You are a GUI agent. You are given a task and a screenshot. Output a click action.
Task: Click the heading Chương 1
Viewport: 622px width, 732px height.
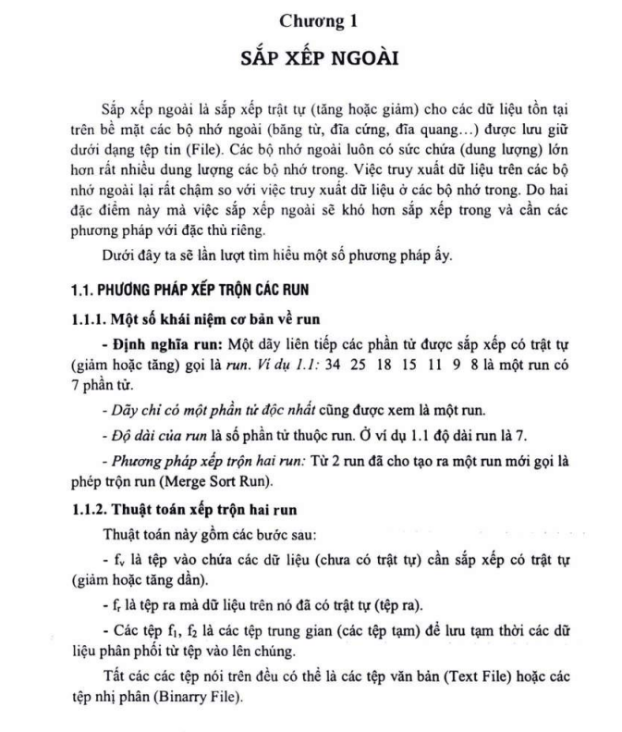point(311,19)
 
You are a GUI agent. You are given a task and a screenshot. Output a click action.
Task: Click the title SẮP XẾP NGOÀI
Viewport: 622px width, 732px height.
point(311,57)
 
